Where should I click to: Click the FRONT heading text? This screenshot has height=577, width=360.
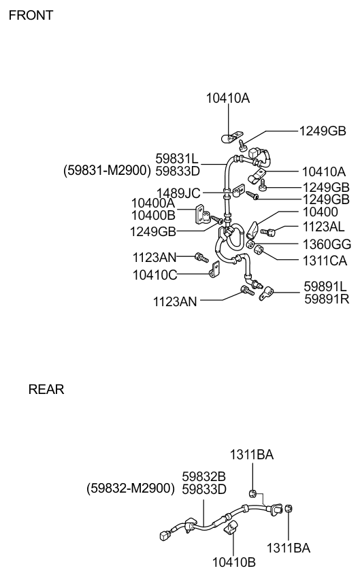click(x=31, y=15)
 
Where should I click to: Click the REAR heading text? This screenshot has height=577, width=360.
click(x=46, y=389)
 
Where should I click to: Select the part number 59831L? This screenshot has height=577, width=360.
click(x=177, y=159)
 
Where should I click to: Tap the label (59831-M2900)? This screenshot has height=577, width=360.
click(x=107, y=171)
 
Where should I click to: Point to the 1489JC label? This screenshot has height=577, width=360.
click(x=178, y=193)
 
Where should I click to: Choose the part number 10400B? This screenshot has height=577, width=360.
click(x=154, y=215)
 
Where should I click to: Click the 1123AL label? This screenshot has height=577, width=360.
click(x=323, y=227)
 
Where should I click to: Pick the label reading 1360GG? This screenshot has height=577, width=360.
click(x=327, y=244)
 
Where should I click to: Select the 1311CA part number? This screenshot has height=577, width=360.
click(x=325, y=261)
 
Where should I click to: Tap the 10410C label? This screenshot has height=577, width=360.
click(x=155, y=275)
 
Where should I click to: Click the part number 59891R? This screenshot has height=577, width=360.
click(x=327, y=299)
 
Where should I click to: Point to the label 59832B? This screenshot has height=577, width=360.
click(x=204, y=476)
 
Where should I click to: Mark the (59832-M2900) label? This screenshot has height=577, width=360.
click(x=131, y=489)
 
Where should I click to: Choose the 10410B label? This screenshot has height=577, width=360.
click(x=233, y=562)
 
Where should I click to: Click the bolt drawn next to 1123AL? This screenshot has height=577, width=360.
click(x=267, y=232)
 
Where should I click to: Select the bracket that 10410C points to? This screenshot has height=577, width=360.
click(x=215, y=269)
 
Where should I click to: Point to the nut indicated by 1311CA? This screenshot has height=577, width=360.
click(x=259, y=250)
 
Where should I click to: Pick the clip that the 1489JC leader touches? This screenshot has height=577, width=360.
click(x=237, y=191)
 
